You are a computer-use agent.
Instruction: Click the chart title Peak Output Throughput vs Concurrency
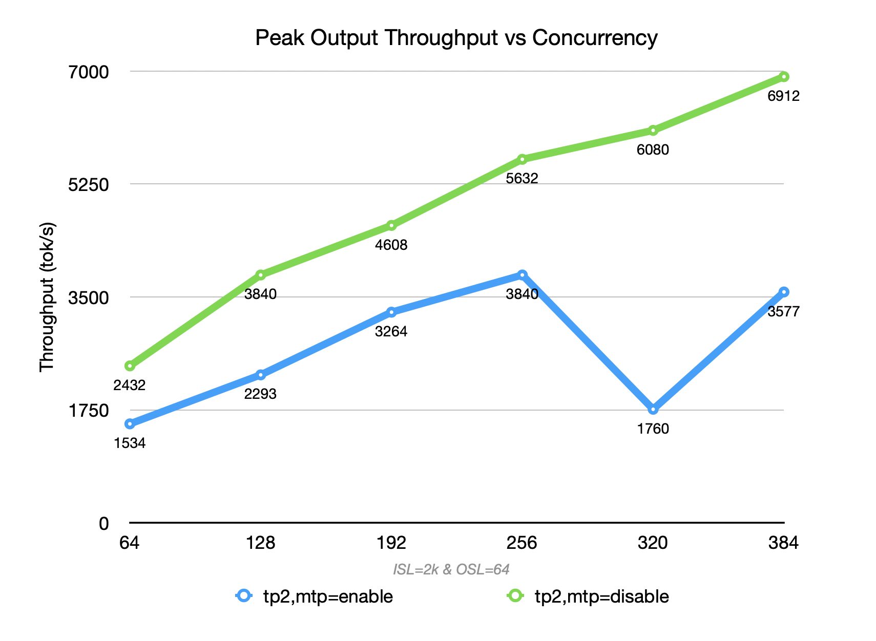456,38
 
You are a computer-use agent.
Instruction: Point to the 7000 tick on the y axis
89,72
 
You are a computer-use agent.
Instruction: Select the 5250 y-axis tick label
89,185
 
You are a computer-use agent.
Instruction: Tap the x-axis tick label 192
391,543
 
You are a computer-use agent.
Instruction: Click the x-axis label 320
653,543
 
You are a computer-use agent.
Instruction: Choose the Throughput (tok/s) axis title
47,297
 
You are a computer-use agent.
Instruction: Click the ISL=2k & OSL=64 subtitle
451,569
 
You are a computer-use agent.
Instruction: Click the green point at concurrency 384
784,77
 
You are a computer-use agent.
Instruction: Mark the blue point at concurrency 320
653,409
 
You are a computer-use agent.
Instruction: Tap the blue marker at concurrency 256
522,275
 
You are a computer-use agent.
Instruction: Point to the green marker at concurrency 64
130,366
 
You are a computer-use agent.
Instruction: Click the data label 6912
783,96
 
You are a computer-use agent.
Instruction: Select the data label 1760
653,429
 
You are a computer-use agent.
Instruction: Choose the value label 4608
391,245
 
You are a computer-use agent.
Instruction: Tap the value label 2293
260,394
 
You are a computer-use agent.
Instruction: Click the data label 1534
130,443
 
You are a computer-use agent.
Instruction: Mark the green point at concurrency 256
522,159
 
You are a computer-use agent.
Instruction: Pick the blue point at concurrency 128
261,375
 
